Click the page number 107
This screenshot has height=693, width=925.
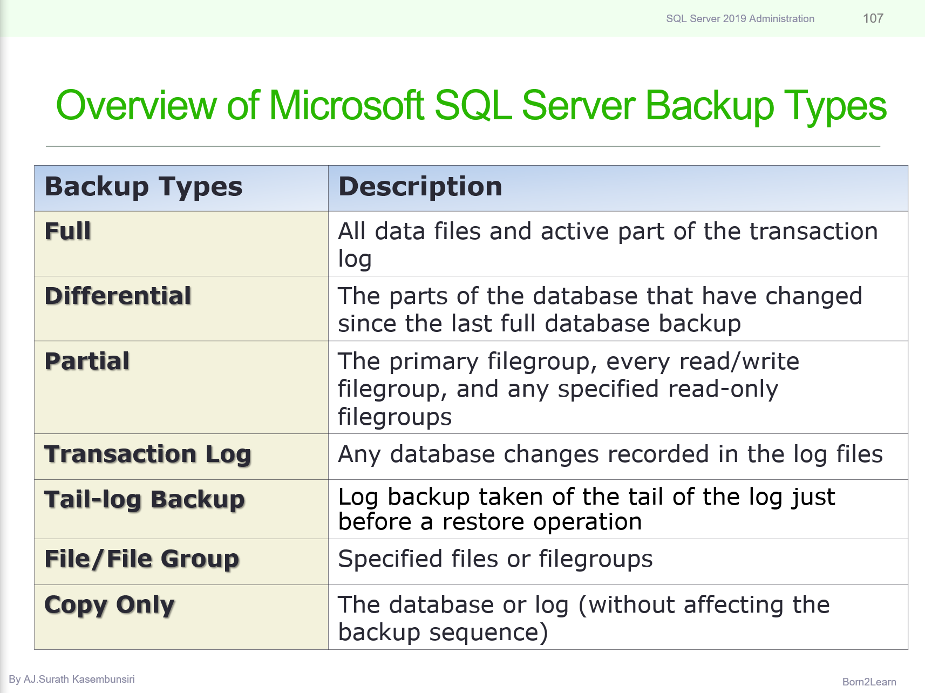[x=873, y=18]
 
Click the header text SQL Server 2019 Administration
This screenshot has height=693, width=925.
[x=740, y=19]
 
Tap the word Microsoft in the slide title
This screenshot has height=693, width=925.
[x=346, y=105]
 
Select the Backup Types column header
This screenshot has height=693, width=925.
[x=144, y=187]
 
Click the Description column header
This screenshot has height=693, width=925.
[x=420, y=187]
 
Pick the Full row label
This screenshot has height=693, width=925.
[x=67, y=231]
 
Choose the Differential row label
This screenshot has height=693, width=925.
[x=118, y=296]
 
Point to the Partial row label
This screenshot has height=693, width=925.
[x=87, y=361]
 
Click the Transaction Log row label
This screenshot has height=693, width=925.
[x=147, y=454]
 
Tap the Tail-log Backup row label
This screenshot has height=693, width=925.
[x=144, y=500]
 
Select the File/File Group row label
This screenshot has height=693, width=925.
[x=141, y=559]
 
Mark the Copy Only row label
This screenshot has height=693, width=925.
[x=109, y=605]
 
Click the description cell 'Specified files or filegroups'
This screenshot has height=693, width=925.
[x=495, y=559]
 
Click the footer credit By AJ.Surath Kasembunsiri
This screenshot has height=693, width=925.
[x=72, y=680]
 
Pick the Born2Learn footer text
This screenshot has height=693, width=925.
[x=869, y=682]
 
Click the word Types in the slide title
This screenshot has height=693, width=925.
[x=835, y=105]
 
